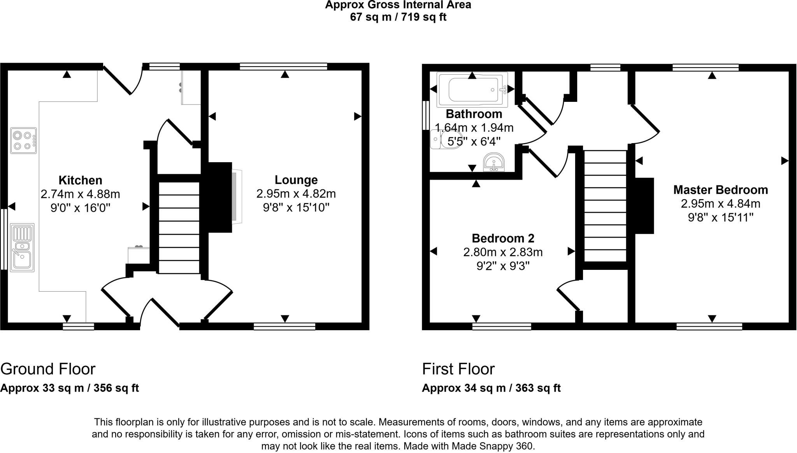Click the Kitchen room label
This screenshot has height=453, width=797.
[81, 180]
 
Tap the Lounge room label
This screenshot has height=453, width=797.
[296, 180]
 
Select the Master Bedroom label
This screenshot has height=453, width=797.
[721, 190]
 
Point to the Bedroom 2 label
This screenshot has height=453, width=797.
[503, 238]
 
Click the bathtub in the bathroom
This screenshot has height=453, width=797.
[472, 90]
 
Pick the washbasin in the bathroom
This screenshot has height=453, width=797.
[494, 162]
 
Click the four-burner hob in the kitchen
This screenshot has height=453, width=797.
[23, 140]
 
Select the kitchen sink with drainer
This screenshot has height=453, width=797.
[22, 247]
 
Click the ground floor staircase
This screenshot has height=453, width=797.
[179, 227]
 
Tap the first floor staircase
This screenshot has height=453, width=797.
[605, 206]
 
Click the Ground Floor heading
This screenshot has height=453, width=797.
[48, 369]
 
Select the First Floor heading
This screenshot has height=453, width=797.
[458, 369]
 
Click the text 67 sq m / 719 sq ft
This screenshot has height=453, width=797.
[398, 17]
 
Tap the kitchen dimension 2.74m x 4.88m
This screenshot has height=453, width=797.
[81, 194]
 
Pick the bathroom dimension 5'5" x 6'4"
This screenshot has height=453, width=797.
[474, 142]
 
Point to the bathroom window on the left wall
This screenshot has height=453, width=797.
[426, 115]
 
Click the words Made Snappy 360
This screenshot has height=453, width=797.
[493, 446]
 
